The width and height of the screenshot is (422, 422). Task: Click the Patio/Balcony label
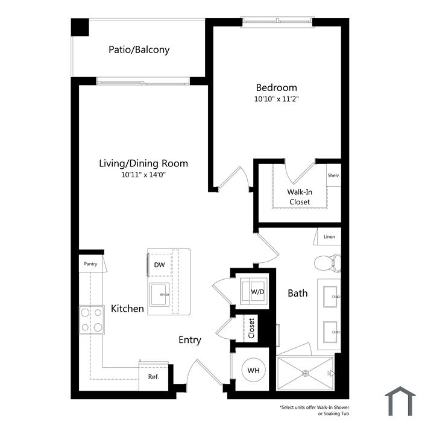click(139, 50)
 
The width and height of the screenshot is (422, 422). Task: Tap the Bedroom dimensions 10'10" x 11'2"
click(276, 99)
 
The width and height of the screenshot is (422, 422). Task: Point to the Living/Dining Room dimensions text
click(143, 175)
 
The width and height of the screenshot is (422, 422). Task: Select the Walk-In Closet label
click(300, 197)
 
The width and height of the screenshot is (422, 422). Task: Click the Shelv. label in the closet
click(333, 175)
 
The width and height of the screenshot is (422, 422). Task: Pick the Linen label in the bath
click(329, 237)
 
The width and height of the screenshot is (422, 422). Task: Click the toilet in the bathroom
click(327, 263)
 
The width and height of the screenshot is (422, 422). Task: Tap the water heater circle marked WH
click(254, 370)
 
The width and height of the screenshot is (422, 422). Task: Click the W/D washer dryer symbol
click(254, 291)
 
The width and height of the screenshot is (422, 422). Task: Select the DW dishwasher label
click(159, 265)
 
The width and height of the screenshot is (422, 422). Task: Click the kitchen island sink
click(160, 294)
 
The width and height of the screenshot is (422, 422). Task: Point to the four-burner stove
click(92, 320)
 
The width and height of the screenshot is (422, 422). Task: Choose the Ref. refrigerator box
click(153, 376)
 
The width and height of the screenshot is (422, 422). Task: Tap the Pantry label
click(90, 264)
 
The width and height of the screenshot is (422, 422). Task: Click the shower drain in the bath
click(305, 373)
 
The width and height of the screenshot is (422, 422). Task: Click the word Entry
click(190, 340)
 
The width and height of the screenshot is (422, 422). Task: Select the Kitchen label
click(127, 309)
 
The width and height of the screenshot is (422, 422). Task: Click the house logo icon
click(400, 401)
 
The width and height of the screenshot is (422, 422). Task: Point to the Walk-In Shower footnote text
click(314, 410)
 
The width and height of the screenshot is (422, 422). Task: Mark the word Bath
click(297, 293)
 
